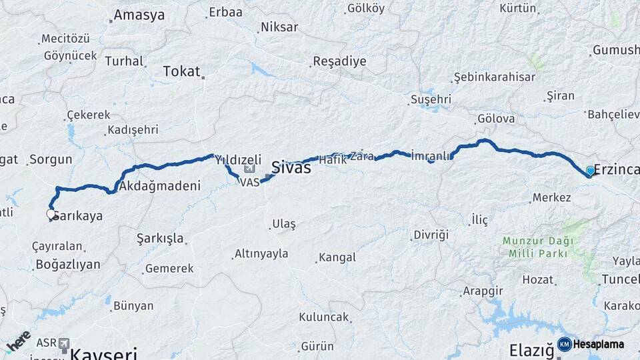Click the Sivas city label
coord(291,168)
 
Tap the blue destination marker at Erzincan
coord(590,171)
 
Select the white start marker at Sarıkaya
coord(51,215)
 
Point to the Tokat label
coord(182,71)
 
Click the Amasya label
coord(139,15)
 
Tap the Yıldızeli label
coord(237,159)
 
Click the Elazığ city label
coord(531,350)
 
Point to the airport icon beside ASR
coord(64,343)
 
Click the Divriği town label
coord(431,235)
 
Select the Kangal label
coord(337,257)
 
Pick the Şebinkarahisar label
coord(494,77)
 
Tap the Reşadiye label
coord(339,61)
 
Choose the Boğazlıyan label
coord(68,265)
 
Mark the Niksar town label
coord(279,27)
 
